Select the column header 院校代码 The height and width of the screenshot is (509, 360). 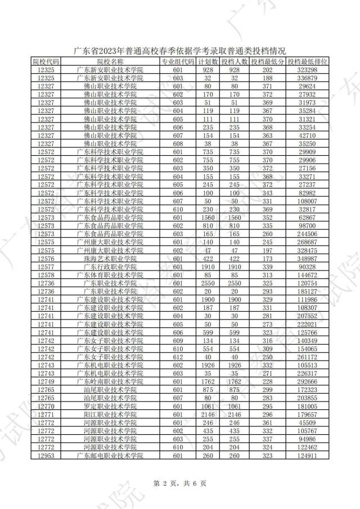46,61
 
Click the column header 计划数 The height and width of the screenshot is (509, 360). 208,61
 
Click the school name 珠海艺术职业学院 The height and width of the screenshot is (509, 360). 110,259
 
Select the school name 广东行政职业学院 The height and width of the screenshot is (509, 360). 110,267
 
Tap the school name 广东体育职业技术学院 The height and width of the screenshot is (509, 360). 110,275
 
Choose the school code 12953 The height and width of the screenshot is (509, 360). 46,456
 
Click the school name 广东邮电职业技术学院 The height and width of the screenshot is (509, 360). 110,456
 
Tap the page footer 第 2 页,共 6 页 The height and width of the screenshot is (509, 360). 180,483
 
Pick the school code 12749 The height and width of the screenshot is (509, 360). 46,382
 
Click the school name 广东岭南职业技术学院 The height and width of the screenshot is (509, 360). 110,382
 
